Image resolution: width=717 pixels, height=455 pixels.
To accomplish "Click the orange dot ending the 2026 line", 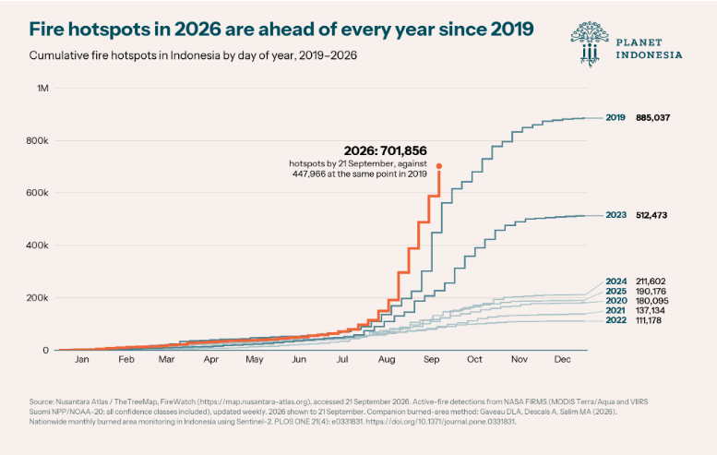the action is [439, 166].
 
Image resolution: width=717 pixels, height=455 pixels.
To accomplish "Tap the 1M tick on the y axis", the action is [42, 89].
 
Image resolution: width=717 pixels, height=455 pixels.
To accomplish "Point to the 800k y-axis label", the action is [38, 141].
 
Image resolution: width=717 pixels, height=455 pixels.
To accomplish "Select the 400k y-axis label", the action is [38, 245].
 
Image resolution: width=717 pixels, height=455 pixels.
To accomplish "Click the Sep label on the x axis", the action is [432, 359].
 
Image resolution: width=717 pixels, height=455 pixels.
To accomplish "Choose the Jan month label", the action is [82, 359].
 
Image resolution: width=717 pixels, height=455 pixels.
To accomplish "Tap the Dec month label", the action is [563, 359].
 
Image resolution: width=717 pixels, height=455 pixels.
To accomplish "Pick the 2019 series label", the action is [615, 117].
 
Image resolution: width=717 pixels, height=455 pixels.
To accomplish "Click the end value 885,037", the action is [653, 117].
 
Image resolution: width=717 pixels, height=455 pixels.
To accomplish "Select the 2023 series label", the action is [615, 215].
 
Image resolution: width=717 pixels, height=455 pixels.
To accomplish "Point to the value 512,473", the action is [651, 215].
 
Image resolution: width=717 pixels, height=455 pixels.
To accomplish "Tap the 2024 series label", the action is [616, 281].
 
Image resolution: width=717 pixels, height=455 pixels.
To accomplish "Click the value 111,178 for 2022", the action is [649, 320].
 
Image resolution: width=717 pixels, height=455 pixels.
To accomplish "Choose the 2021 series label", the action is [615, 310].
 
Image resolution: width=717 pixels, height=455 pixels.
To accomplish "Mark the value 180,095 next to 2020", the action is [652, 301].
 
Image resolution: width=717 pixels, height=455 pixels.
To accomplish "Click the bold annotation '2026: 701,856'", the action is [386, 150].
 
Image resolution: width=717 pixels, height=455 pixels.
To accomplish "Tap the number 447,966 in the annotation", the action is [308, 174].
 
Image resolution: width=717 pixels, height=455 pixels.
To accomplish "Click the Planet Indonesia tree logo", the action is [590, 44].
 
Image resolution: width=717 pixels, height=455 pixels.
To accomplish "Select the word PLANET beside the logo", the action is [639, 42].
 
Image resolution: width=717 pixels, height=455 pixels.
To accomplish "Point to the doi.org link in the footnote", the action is [440, 422].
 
